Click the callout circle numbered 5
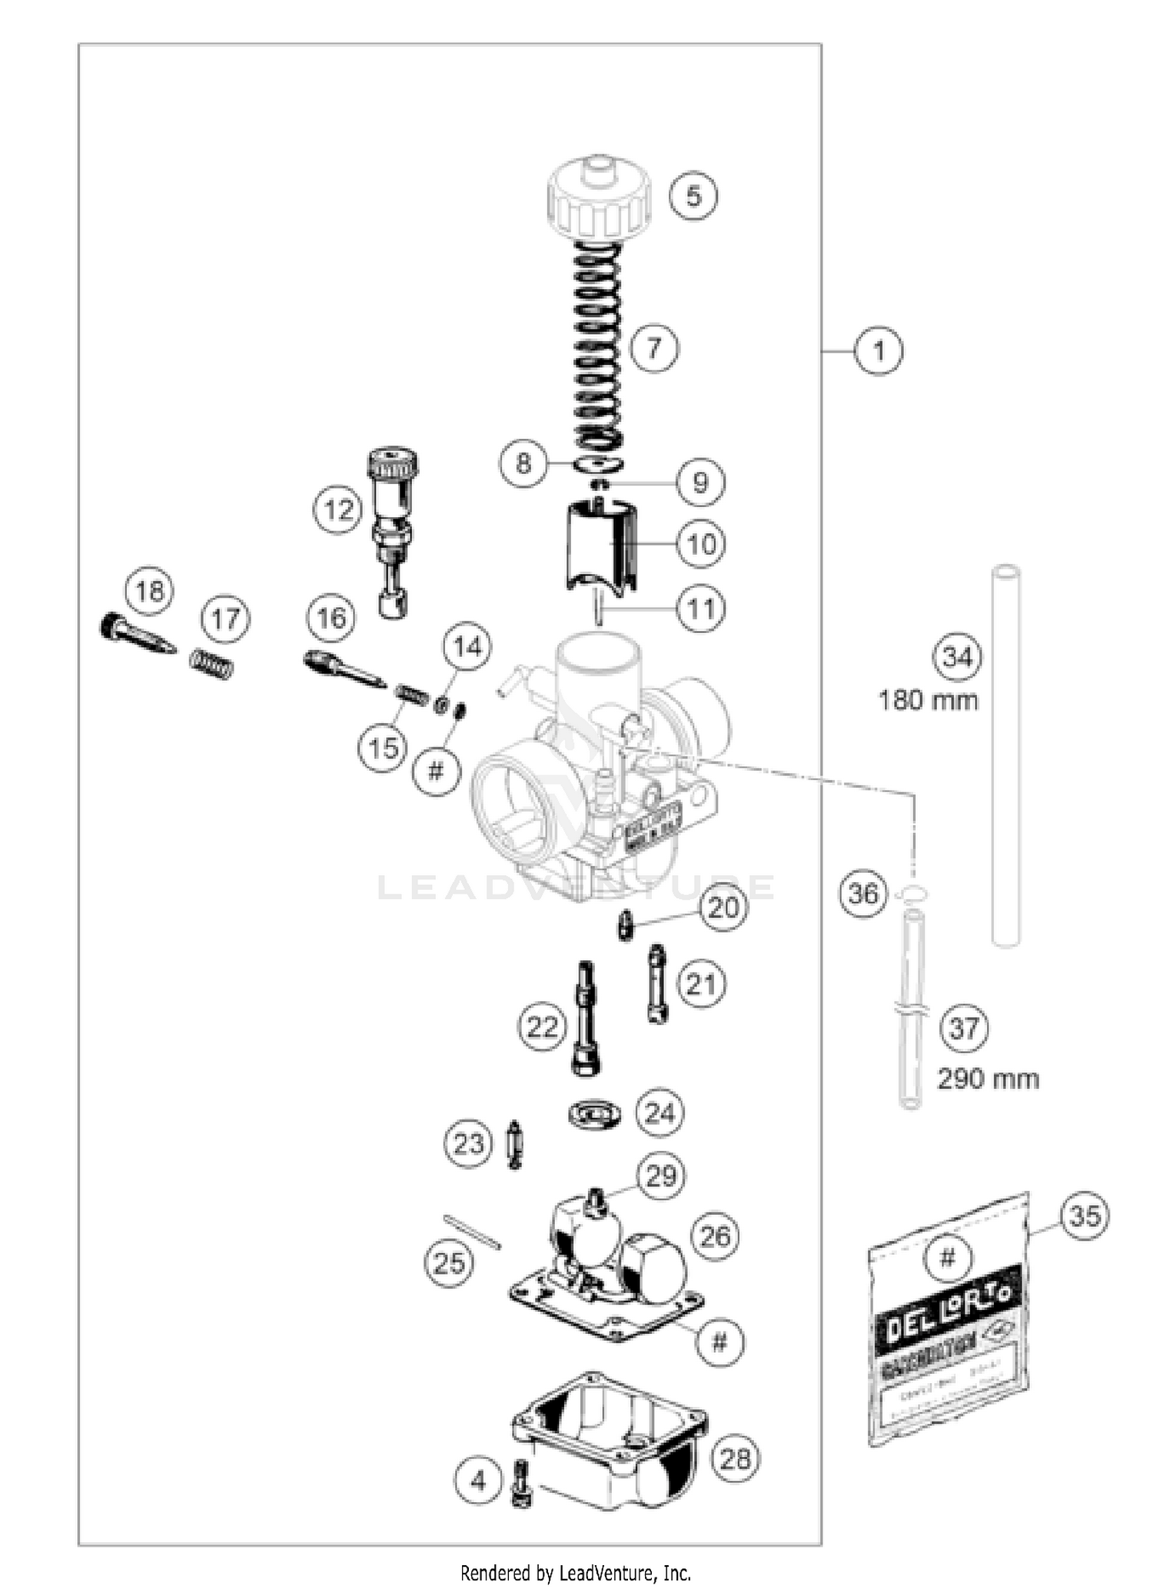point(693,196)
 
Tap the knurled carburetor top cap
point(599,201)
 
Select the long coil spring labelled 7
point(598,346)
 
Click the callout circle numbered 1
point(879,351)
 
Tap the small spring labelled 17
point(211,663)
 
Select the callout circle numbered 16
point(331,617)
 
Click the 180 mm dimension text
point(929,701)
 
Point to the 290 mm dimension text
point(988,1079)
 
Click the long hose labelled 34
point(1005,757)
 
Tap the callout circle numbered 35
point(1085,1216)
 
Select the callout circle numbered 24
point(660,1113)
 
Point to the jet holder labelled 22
point(586,1019)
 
